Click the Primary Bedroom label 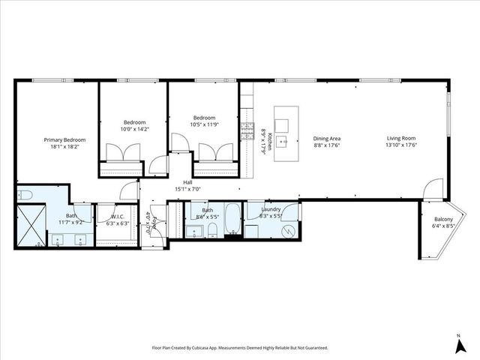click(64, 139)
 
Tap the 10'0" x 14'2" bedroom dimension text click(134, 129)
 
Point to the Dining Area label click(327, 139)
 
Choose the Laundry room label click(271, 209)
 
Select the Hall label click(187, 182)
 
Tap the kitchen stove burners click(245, 132)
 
